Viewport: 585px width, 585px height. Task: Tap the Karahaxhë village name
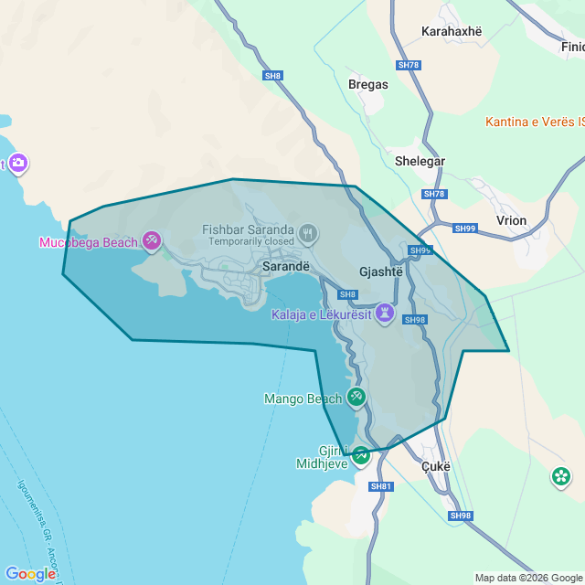click(451, 31)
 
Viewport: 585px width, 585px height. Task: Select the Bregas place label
click(368, 84)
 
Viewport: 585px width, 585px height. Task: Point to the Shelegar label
click(420, 161)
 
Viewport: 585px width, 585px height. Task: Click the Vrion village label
click(511, 221)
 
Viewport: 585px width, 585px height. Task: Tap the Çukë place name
click(437, 465)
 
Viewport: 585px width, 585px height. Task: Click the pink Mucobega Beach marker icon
click(152, 241)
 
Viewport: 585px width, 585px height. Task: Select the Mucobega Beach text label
click(88, 242)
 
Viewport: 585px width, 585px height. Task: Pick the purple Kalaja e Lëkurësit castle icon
click(385, 314)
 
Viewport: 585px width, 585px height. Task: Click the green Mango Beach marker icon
click(356, 397)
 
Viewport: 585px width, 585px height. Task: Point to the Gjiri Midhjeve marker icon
click(361, 454)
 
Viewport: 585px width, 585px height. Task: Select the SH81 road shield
click(381, 486)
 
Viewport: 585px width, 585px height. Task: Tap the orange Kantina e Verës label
click(535, 122)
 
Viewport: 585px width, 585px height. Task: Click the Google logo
click(30, 574)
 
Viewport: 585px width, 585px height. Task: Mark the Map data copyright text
click(528, 578)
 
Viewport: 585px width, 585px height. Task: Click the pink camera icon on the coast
click(18, 164)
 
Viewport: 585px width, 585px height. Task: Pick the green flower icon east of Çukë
click(561, 476)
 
